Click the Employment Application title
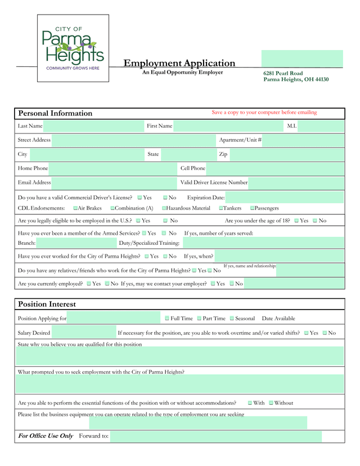click(x=179, y=63)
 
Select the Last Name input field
click(x=93, y=126)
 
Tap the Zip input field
click(x=286, y=154)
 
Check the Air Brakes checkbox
click(x=75, y=208)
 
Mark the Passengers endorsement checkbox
click(x=253, y=208)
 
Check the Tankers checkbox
click(x=221, y=208)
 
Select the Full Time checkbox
click(x=167, y=319)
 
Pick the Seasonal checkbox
click(x=231, y=319)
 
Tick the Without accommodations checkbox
click(x=271, y=403)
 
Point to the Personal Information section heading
click(x=55, y=113)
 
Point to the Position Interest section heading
click(x=47, y=304)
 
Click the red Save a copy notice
click(x=264, y=112)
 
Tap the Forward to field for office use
click(x=215, y=436)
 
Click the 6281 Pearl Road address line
click(x=283, y=73)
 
